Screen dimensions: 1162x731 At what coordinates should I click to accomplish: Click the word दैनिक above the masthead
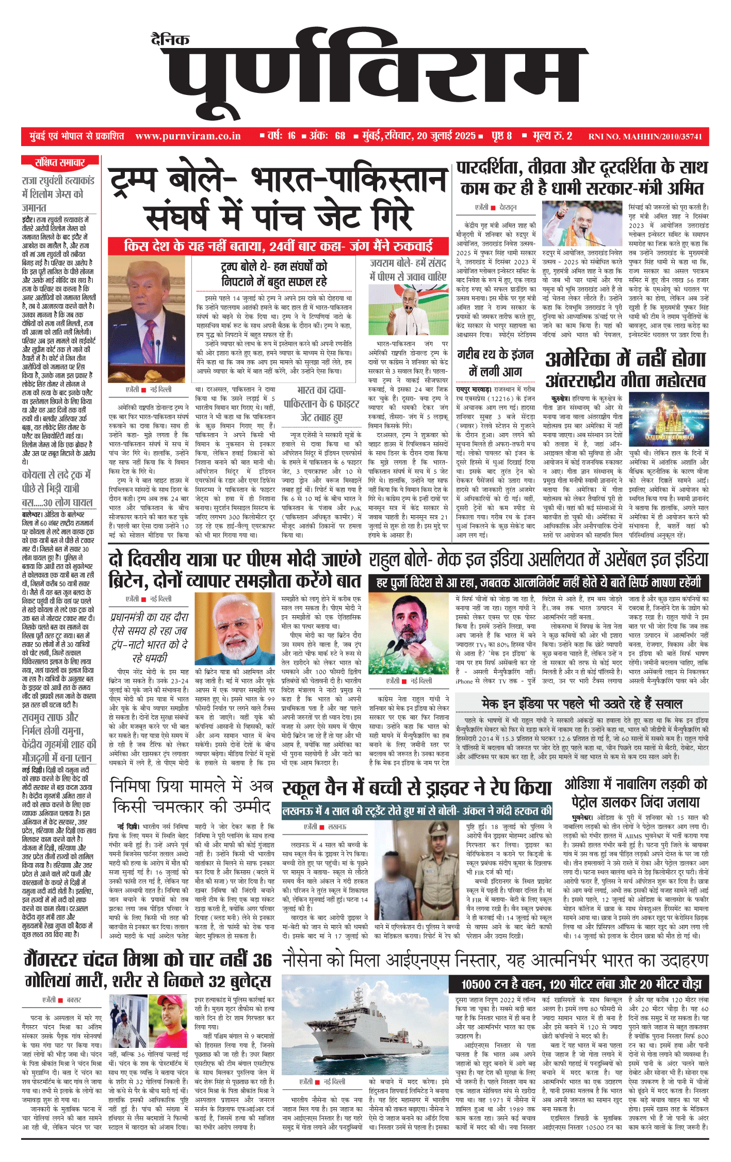(170, 40)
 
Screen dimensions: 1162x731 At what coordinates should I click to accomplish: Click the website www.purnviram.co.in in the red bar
(188, 136)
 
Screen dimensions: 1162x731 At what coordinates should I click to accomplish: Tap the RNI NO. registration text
(645, 137)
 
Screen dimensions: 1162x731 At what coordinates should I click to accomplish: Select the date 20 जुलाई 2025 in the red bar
(446, 136)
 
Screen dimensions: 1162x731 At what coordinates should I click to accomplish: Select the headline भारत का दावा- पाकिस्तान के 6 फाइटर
(321, 404)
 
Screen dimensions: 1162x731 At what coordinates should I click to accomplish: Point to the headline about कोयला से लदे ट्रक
(57, 488)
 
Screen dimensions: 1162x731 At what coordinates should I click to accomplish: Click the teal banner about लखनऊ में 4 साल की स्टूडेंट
(417, 811)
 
